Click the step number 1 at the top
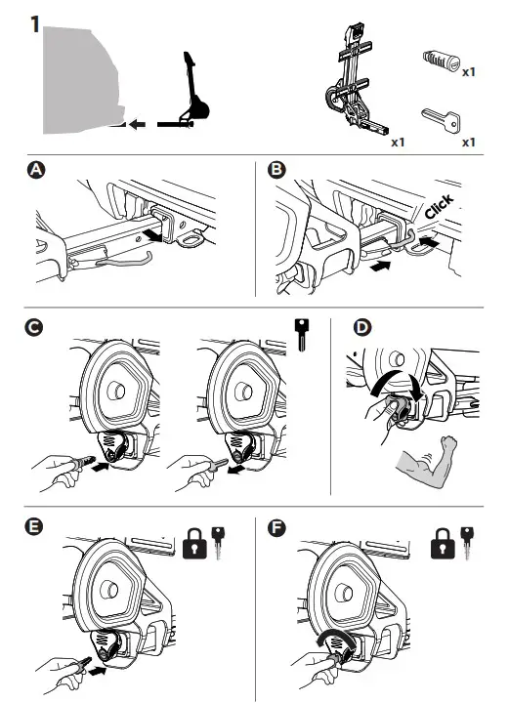point(35,24)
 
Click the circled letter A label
point(36,170)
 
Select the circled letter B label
point(276,170)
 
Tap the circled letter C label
point(34,327)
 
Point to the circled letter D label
point(362,327)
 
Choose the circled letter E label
point(34,527)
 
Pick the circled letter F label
point(276,527)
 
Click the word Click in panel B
point(439,207)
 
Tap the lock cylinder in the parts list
point(442,61)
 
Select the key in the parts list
point(441,120)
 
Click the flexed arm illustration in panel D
point(427,462)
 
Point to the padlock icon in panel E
point(194,544)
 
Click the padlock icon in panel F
point(443,544)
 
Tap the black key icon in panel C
point(302,335)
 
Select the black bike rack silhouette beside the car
point(193,94)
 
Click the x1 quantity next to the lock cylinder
point(469,71)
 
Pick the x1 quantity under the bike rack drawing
point(398,143)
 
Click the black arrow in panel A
point(151,235)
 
